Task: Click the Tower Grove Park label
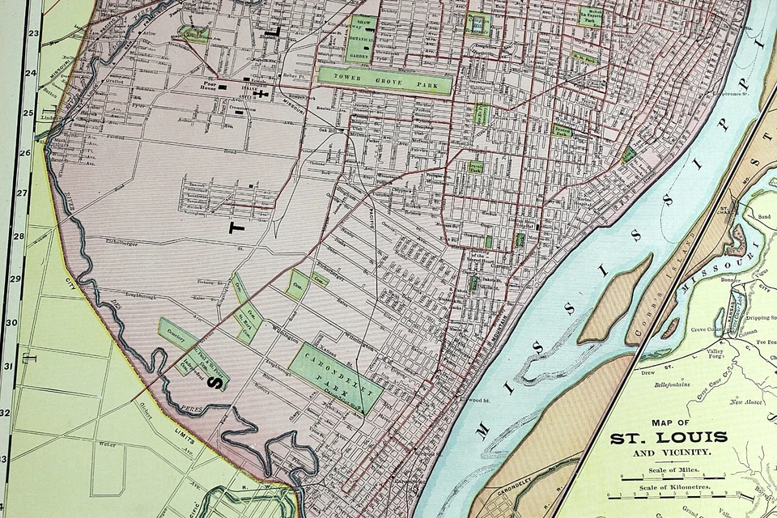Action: click(384, 79)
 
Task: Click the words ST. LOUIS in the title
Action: click(669, 438)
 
